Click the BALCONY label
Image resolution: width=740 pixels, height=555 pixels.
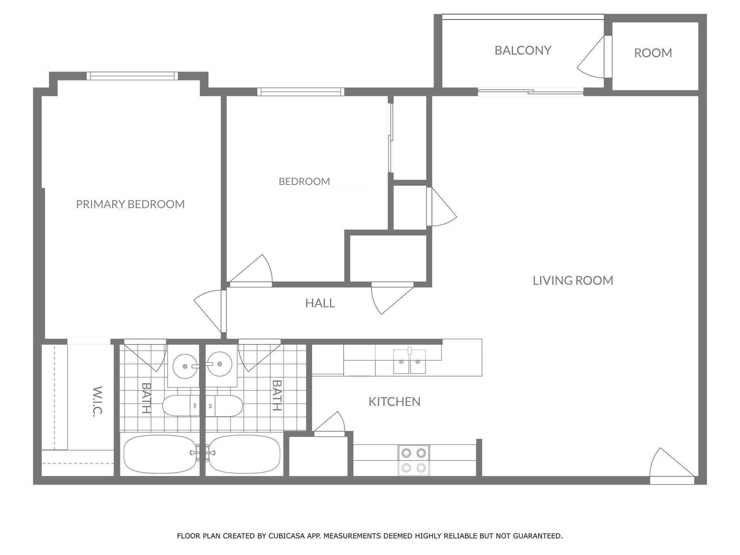coord(523,50)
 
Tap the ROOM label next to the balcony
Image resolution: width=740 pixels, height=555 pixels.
coord(653,53)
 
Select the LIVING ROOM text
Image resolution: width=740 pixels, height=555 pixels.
coord(573,280)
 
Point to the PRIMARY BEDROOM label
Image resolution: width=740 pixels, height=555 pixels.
coord(130,204)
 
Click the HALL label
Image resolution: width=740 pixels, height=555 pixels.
coord(320,303)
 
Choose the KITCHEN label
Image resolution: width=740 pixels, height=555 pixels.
coord(394,402)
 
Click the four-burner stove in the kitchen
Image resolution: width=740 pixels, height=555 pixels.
coord(414,460)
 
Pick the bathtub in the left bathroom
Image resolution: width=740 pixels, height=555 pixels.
coord(160,454)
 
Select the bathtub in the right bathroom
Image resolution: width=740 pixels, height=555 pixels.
coord(244,454)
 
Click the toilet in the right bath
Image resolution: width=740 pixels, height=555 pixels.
coord(224,405)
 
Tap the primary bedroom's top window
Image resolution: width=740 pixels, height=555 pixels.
coord(132,76)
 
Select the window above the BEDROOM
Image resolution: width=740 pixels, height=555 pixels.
coord(301,92)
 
